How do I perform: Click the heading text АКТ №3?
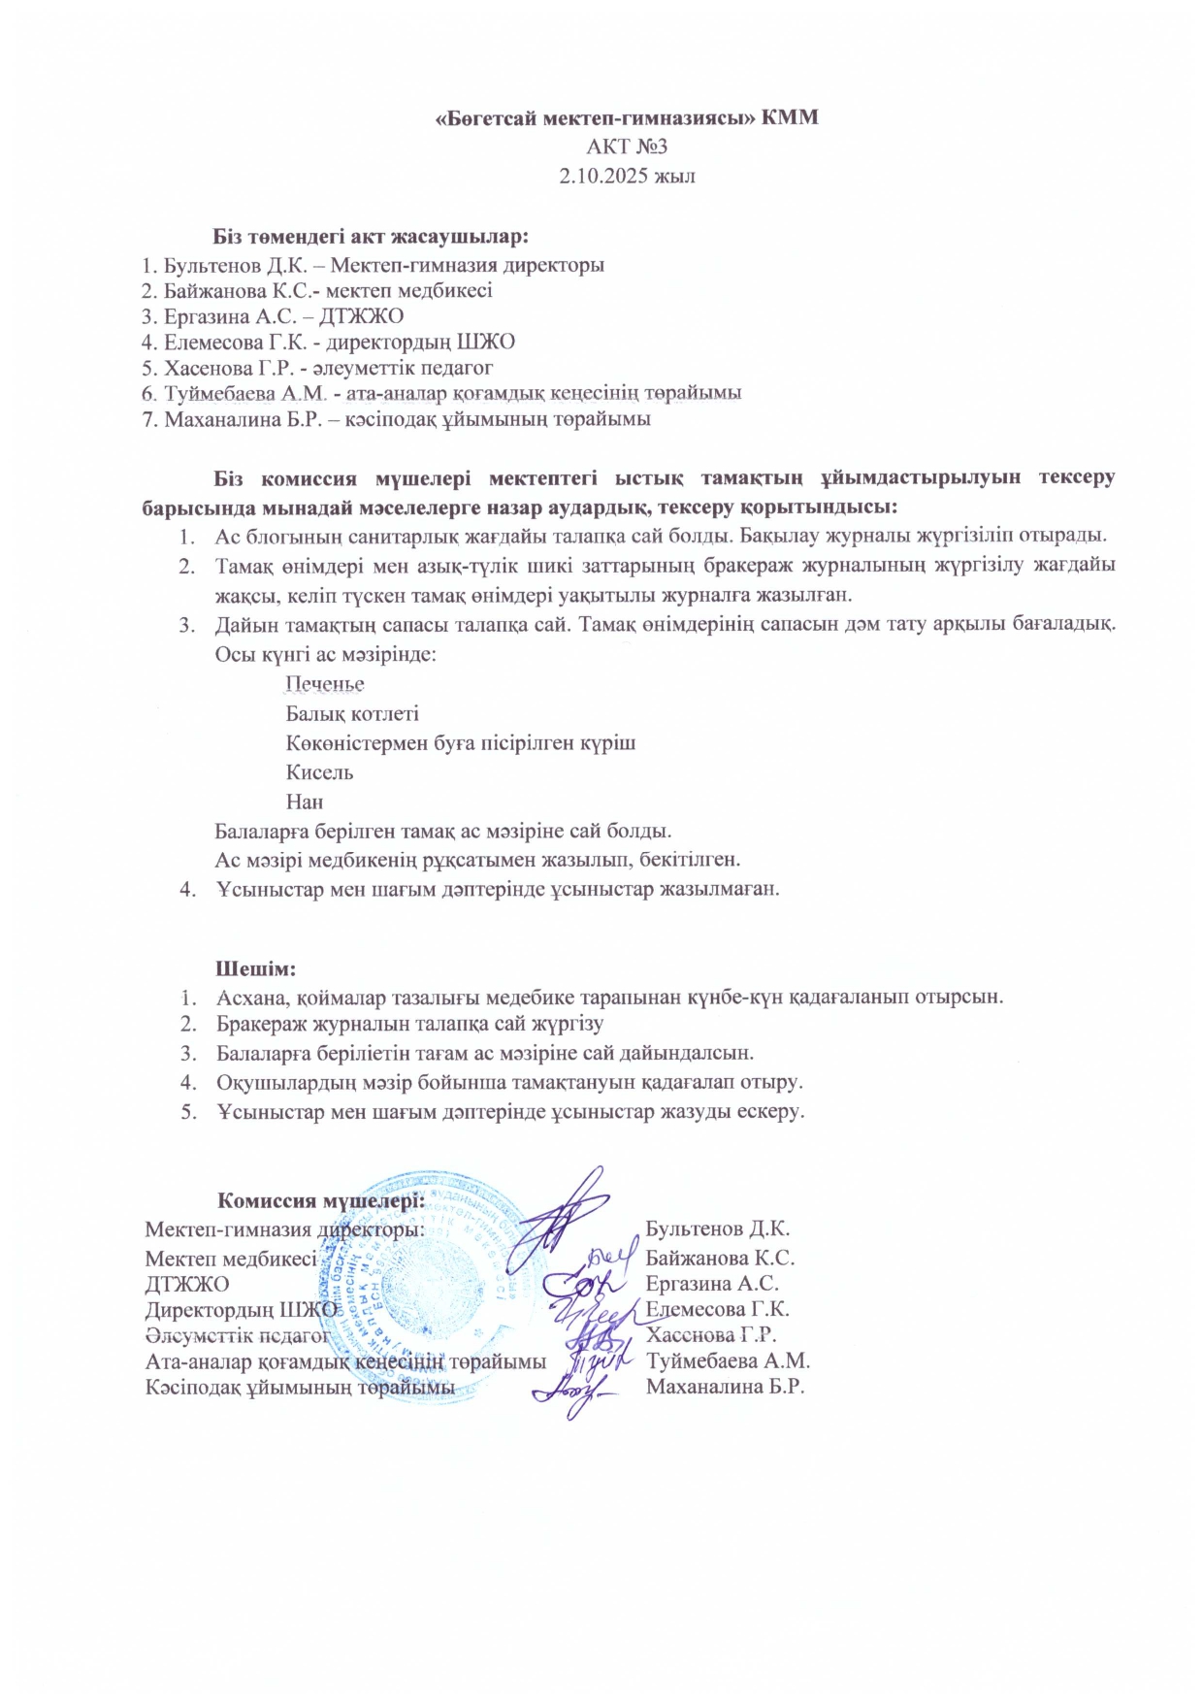tap(627, 147)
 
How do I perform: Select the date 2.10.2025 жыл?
tap(627, 176)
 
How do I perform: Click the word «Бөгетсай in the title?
tap(485, 117)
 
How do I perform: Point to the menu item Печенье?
tap(325, 684)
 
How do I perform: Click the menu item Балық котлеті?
tap(352, 713)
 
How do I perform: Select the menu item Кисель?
tap(319, 772)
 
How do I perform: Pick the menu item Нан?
tap(305, 802)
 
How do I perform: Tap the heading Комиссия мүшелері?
tap(320, 1200)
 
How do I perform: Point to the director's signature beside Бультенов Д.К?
tap(568, 1213)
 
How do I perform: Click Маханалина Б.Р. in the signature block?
tap(725, 1387)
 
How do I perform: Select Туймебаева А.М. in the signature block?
tap(728, 1361)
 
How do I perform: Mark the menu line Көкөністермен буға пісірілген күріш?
tap(461, 743)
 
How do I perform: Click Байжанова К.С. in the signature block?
tap(720, 1258)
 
